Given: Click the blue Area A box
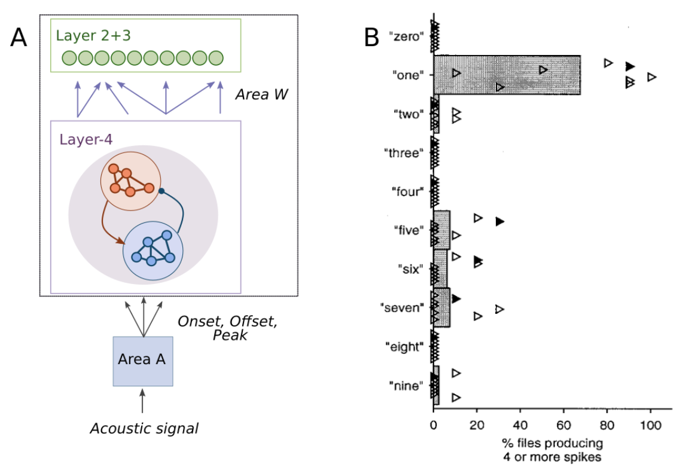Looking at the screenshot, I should [142, 361].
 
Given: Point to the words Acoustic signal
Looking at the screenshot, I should [144, 428].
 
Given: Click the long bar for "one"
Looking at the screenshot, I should [506, 75].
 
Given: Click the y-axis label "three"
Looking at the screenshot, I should [404, 152].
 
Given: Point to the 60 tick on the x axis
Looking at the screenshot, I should [563, 425].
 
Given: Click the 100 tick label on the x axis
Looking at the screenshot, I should [650, 425].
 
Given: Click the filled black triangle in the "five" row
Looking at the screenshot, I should [500, 221].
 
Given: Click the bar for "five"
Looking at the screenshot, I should [441, 229].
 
